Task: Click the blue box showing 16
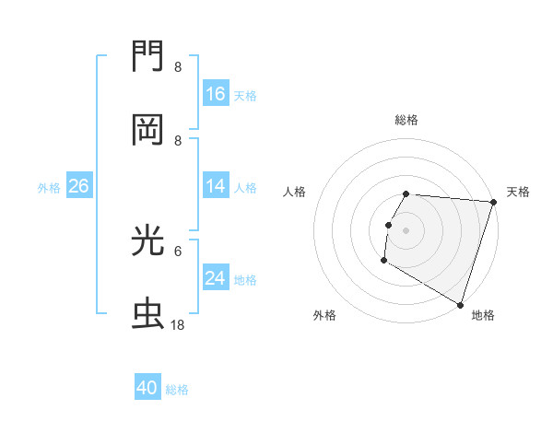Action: pyautogui.click(x=216, y=93)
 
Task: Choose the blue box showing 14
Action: pyautogui.click(x=216, y=186)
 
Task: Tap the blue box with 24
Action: pyautogui.click(x=216, y=277)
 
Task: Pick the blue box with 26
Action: pyautogui.click(x=78, y=186)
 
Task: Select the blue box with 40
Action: pyautogui.click(x=147, y=388)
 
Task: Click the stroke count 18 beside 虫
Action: pyautogui.click(x=178, y=324)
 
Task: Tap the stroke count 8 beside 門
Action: pyautogui.click(x=178, y=67)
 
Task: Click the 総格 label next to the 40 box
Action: pyautogui.click(x=177, y=390)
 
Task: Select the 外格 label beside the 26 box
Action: pyautogui.click(x=49, y=187)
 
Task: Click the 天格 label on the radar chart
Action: pyautogui.click(x=518, y=192)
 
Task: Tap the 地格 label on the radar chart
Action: pyautogui.click(x=483, y=315)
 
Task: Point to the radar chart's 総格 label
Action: pyautogui.click(x=406, y=120)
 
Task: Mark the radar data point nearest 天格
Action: pyautogui.click(x=493, y=202)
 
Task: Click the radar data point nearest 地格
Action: pyautogui.click(x=460, y=304)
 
